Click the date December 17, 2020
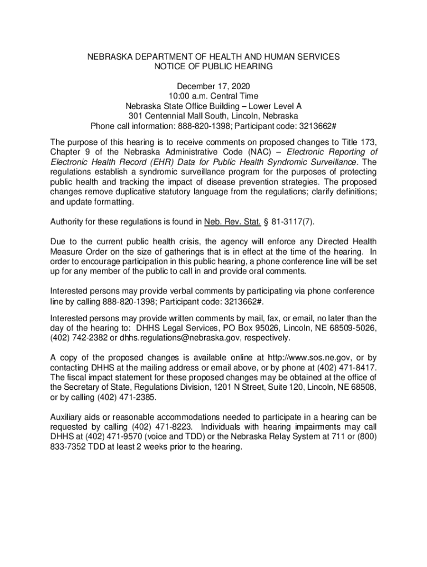point(213,86)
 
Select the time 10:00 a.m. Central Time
point(213,96)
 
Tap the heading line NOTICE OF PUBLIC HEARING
point(213,66)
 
